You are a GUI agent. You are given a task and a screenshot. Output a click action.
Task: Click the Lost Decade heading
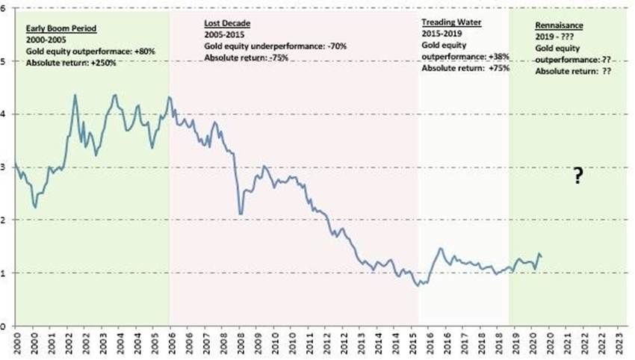coord(227,24)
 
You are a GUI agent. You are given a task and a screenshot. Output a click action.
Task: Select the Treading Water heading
coord(452,23)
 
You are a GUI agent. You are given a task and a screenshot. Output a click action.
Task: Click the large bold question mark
coord(577,177)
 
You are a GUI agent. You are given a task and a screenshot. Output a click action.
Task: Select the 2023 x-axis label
coord(616,344)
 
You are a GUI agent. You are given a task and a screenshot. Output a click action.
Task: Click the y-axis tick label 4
coord(5,114)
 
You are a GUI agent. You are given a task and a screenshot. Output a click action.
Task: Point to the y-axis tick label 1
coord(5,273)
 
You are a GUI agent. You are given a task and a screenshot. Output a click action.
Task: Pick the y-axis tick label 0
coord(5,326)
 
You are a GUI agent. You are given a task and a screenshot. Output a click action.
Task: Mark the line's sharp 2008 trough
coord(240,214)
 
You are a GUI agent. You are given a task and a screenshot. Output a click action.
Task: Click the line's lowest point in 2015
coord(418,286)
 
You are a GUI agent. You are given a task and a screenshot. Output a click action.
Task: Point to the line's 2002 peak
coord(75,95)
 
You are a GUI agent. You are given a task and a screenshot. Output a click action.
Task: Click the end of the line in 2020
coord(541,256)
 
